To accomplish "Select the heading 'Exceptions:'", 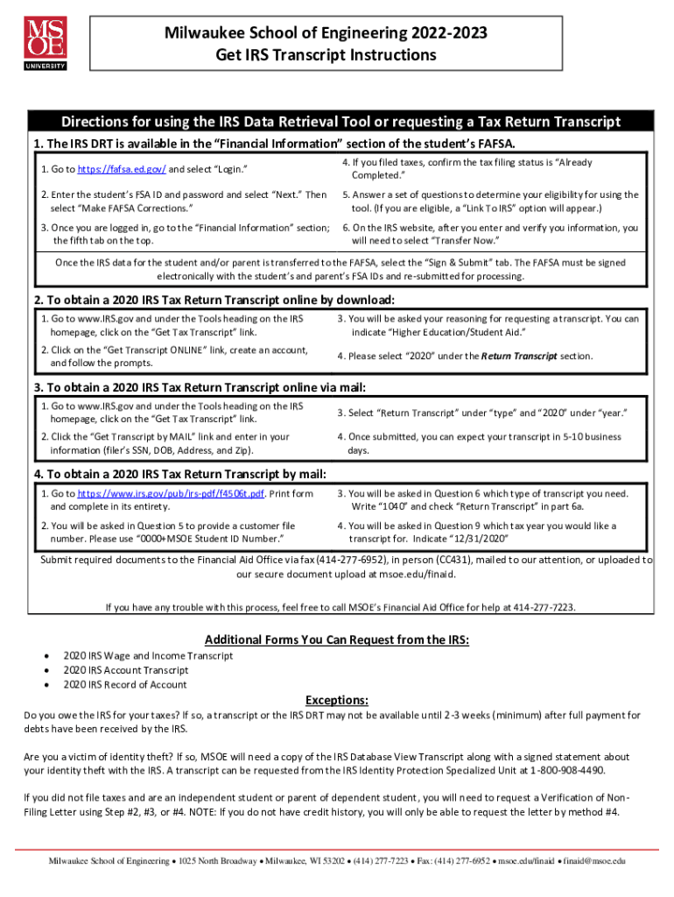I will coord(336,700).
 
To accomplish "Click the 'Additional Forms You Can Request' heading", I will coord(337,640).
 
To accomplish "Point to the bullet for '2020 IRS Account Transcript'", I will coord(46,670).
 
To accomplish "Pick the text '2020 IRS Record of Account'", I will coord(125,684).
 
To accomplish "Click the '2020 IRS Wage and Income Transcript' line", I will coord(148,655).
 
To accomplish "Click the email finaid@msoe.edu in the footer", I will coord(595,861).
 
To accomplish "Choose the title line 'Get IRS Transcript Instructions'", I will coord(326,55).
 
